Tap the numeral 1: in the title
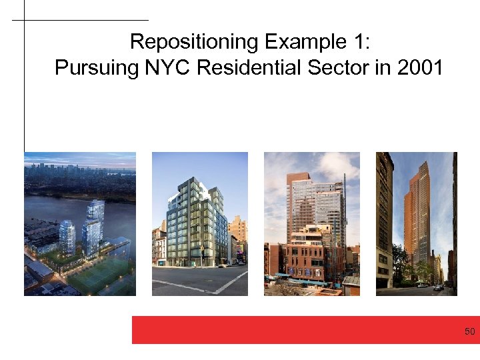pyautogui.click(x=359, y=42)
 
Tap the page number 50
pyautogui.click(x=469, y=331)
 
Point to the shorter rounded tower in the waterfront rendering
pyautogui.click(x=67, y=237)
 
